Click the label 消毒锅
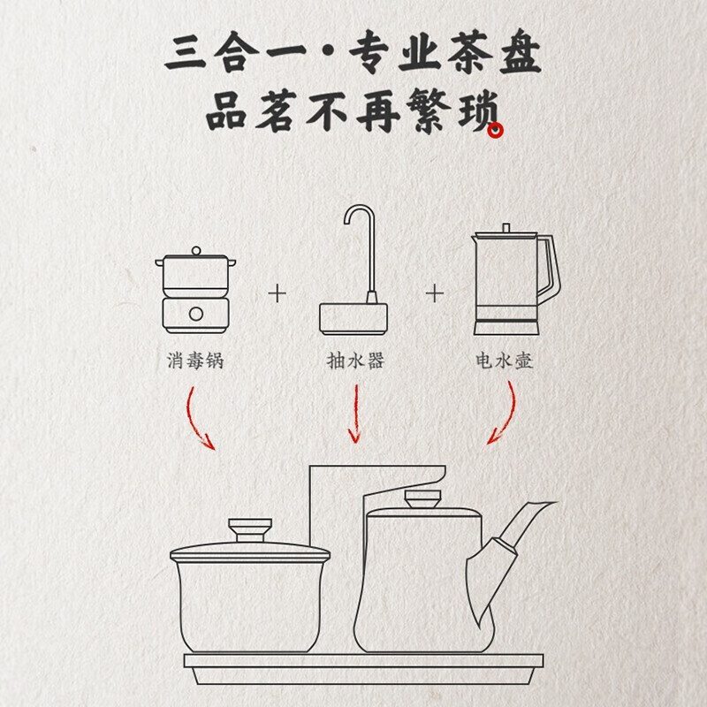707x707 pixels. click(x=195, y=361)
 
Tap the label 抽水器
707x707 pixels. click(x=355, y=361)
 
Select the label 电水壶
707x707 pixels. click(x=504, y=361)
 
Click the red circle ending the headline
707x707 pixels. click(x=495, y=130)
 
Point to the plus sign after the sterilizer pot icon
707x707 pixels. click(x=277, y=294)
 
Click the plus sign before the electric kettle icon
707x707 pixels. click(x=435, y=294)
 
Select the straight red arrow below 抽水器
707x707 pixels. click(x=355, y=414)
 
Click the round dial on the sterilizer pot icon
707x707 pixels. click(x=195, y=314)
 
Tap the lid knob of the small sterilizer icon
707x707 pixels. click(x=195, y=251)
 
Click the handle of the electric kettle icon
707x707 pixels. click(x=549, y=270)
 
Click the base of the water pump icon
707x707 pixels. click(x=353, y=319)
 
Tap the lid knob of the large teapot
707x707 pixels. click(x=422, y=498)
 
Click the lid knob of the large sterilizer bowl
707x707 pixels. click(x=250, y=529)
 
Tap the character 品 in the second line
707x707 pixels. click(x=227, y=111)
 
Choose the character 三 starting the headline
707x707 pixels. click(x=185, y=53)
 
